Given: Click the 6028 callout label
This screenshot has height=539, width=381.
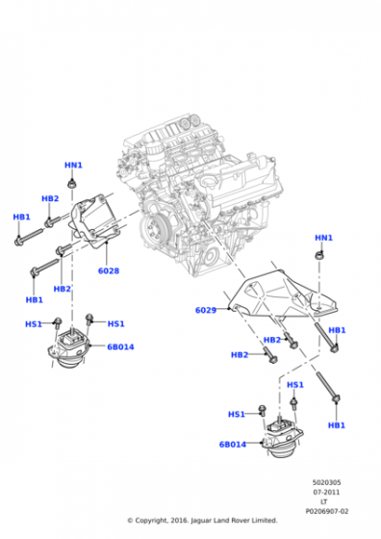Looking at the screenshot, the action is click(x=109, y=270).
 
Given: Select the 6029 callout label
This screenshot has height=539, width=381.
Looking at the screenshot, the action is click(x=206, y=310).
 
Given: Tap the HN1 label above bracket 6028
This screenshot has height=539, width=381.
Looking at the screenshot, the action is click(x=73, y=165).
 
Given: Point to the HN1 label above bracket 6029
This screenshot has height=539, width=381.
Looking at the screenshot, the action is click(x=323, y=238).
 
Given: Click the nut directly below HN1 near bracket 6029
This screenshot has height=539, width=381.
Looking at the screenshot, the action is click(x=319, y=255).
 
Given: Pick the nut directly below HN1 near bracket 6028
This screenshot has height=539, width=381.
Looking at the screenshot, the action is click(x=72, y=184).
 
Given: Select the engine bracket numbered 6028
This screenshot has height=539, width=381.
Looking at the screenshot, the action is click(x=95, y=220).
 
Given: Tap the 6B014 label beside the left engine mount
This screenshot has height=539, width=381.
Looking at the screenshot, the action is click(x=120, y=346).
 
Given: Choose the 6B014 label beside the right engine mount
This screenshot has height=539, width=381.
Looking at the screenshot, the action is click(x=233, y=445).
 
